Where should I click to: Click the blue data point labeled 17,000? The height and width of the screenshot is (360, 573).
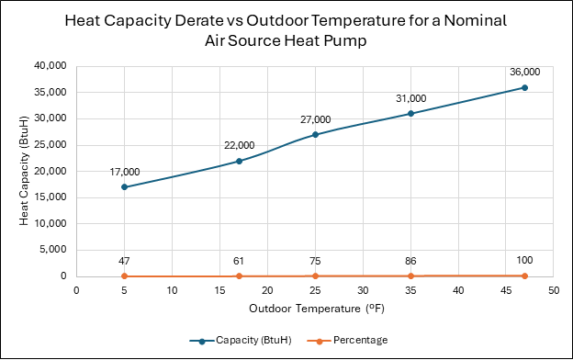[124, 187]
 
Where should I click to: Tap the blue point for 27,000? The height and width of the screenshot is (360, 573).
[315, 135]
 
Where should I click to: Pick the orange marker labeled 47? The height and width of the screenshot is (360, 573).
[124, 276]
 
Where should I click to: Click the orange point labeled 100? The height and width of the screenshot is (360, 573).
[524, 276]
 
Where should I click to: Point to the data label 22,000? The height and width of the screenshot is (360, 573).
[240, 145]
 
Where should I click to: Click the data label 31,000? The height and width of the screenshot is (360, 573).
[411, 98]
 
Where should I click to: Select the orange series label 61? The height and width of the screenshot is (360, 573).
[239, 261]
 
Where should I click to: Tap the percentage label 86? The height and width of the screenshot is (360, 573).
[410, 261]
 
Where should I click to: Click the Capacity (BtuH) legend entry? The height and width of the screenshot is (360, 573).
[241, 341]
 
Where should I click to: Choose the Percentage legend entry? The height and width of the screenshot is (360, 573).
[347, 341]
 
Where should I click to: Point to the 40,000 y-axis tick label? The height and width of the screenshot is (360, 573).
[51, 66]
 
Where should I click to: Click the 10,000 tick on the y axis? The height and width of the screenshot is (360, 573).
[51, 223]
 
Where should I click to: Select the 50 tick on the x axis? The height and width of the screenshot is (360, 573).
[554, 290]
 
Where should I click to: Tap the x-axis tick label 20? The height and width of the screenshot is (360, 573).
[267, 290]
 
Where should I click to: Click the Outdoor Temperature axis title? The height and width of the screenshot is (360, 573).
[317, 309]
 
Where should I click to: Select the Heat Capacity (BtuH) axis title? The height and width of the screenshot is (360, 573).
[24, 171]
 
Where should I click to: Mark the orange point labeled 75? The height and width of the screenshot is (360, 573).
[315, 276]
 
